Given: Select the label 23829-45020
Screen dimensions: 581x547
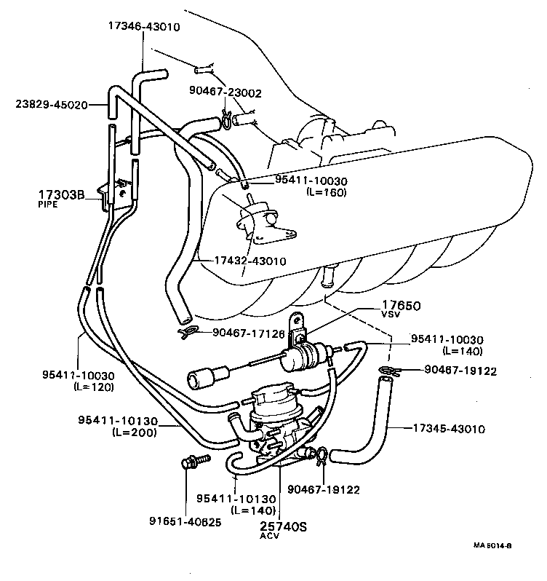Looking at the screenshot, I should pos(51,105).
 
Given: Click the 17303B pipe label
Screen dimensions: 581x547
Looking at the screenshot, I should pos(62,194).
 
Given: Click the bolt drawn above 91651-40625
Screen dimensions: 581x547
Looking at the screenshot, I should pos(193,461).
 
